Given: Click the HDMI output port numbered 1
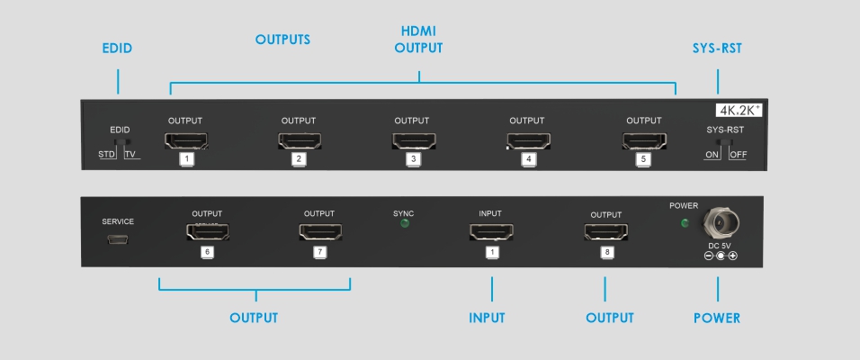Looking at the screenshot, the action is click(186, 141).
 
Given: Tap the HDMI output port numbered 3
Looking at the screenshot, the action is click(414, 141).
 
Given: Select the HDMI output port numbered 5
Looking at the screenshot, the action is click(644, 141).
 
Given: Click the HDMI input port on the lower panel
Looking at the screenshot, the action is click(491, 232).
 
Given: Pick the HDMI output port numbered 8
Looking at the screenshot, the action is click(606, 232).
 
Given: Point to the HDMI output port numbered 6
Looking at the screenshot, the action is click(207, 232).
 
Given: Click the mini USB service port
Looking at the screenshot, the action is click(119, 239).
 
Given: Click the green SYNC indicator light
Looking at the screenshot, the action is click(405, 223).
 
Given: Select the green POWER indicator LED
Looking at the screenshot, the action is click(685, 223).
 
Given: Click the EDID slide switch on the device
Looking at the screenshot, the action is click(120, 142).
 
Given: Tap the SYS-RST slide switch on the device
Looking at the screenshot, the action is click(726, 141).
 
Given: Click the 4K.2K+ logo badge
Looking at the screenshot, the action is click(739, 110).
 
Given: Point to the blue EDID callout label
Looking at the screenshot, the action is click(117, 49).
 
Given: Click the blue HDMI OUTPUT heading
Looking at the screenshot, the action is click(418, 40).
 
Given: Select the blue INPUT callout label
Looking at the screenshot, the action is click(487, 318).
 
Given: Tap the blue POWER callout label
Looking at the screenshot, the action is click(717, 318).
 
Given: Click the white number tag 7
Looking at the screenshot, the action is click(320, 252).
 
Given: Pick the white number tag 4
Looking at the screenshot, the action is click(529, 159).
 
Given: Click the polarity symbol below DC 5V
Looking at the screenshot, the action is click(721, 256).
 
